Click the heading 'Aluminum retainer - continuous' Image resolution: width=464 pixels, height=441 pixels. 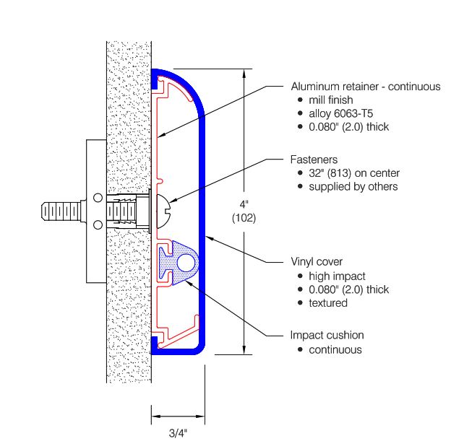tap(366, 87)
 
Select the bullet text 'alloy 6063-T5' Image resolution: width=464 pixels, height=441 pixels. tap(341, 113)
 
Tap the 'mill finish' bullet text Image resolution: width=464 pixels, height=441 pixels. tap(331, 100)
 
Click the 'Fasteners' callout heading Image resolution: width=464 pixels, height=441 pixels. tap(314, 160)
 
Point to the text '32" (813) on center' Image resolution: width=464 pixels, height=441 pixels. tap(354, 173)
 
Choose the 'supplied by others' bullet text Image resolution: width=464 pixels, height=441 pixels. tap(353, 187)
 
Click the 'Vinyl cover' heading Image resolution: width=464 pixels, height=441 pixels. tap(317, 261)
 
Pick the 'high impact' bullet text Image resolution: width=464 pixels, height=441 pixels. tap(337, 276)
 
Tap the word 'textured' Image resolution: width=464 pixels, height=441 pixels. tap(328, 303)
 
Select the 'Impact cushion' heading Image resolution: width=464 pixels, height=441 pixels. tap(327, 335)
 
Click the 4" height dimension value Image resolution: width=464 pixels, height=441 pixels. tap(244, 204)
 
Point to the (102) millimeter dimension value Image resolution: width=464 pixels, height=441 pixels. tap(244, 218)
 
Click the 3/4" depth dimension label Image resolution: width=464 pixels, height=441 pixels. tap(178, 433)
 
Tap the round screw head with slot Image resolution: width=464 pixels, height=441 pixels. tap(163, 211)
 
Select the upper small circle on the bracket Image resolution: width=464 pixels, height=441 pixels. tap(98, 198)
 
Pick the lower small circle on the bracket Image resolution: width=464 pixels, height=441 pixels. tap(98, 225)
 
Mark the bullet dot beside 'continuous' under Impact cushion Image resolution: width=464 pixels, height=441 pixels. tap(301, 350)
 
